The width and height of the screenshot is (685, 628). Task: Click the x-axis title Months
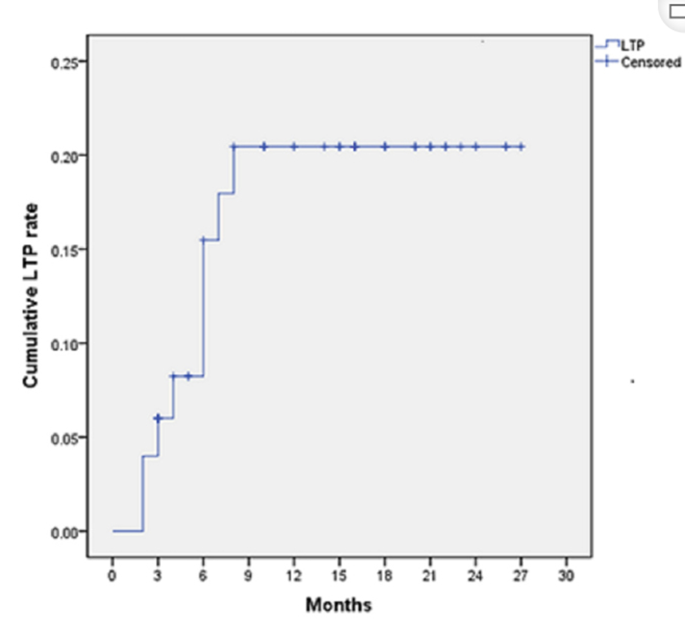point(338,605)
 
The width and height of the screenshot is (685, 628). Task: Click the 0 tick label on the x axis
point(113,575)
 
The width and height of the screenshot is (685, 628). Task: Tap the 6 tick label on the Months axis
point(203,575)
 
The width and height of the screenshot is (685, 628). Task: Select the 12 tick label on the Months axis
point(293,575)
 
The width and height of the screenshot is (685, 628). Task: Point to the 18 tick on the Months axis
point(385,575)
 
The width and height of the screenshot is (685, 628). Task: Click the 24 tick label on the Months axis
point(475,575)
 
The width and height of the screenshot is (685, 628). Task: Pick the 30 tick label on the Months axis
point(566,575)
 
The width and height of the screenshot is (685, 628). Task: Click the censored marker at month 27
point(520,146)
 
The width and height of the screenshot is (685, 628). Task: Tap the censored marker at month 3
point(158,417)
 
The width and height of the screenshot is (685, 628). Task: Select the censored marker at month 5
point(189,376)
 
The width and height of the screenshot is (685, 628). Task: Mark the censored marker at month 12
point(293,146)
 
